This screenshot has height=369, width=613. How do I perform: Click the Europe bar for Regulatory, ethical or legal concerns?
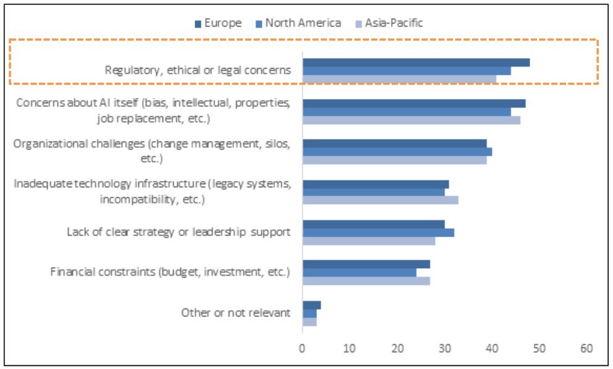point(416,62)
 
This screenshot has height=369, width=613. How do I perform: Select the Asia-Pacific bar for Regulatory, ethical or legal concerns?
point(399,79)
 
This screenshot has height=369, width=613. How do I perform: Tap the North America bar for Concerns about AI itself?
point(407,111)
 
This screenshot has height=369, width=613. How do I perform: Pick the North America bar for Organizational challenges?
point(397,151)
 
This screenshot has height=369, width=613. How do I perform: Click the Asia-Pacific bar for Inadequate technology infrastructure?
point(380,200)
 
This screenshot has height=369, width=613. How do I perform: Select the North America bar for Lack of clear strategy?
point(378,232)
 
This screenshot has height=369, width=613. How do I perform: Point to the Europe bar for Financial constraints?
point(366,265)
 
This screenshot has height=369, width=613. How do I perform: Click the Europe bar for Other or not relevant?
point(311,305)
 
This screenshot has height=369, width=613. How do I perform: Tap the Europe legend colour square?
point(198,24)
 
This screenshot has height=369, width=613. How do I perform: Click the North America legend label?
point(303,23)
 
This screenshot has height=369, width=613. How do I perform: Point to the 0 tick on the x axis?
point(302,348)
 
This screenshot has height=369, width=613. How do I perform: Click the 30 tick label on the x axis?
point(444,348)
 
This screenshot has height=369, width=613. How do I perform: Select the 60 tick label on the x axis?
point(586,348)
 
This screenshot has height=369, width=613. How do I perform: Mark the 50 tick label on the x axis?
point(539,348)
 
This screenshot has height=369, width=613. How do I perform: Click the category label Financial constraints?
point(170,271)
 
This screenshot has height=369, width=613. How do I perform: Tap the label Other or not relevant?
point(235,312)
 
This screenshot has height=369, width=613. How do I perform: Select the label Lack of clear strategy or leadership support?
point(179,232)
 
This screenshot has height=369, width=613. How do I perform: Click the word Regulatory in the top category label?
point(132,70)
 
